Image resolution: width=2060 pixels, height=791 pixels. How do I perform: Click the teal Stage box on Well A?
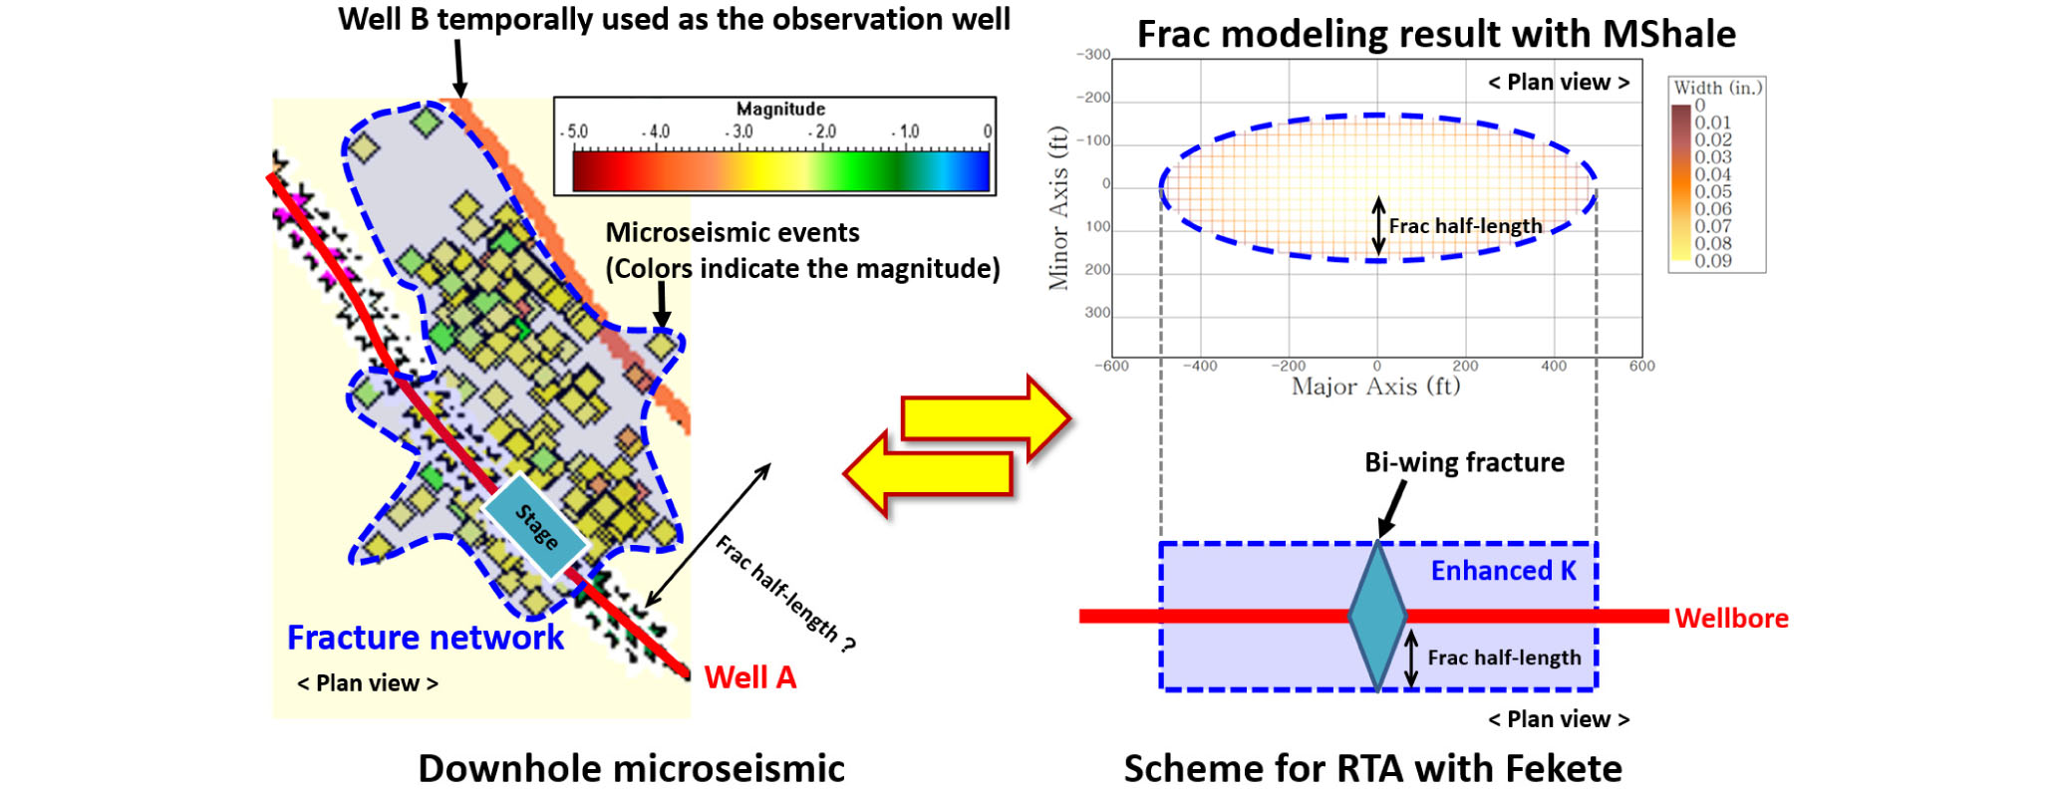coord(535,525)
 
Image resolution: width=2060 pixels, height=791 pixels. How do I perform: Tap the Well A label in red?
coord(749,677)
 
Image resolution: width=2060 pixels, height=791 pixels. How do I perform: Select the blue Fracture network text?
coord(426,638)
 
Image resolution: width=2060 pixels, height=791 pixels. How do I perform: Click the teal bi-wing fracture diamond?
coord(1377,615)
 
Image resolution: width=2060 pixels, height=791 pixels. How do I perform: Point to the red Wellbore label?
coord(1731,619)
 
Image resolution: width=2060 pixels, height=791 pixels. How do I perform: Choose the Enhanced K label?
coord(1503,571)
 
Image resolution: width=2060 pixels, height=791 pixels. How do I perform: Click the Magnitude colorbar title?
coord(780,109)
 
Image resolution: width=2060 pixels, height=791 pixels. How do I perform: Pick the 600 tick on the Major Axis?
coord(1641,366)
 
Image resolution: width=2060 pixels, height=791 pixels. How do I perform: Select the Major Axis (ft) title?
coord(1375,387)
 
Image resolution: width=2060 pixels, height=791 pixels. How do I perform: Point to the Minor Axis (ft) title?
coord(1057,208)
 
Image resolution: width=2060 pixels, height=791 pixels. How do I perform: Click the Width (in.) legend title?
coord(1717,88)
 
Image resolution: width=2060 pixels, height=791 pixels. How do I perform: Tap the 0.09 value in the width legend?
coord(1713,261)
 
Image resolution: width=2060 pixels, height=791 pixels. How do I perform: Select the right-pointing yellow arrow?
coord(987,417)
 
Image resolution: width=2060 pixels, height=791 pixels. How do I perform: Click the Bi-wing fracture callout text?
coord(1464,462)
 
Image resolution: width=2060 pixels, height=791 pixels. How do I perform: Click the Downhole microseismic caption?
coord(631,769)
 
